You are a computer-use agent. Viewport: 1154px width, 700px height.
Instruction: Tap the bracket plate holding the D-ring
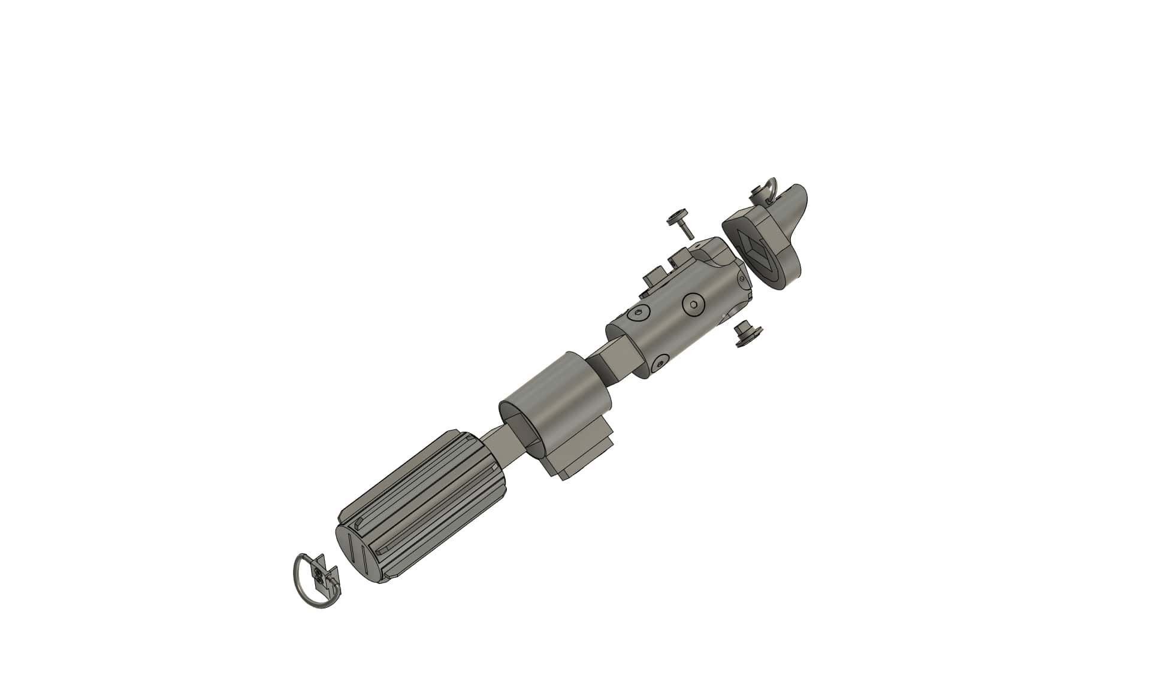click(x=326, y=578)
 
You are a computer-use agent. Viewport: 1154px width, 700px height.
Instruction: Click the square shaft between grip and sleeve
click(x=503, y=446)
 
